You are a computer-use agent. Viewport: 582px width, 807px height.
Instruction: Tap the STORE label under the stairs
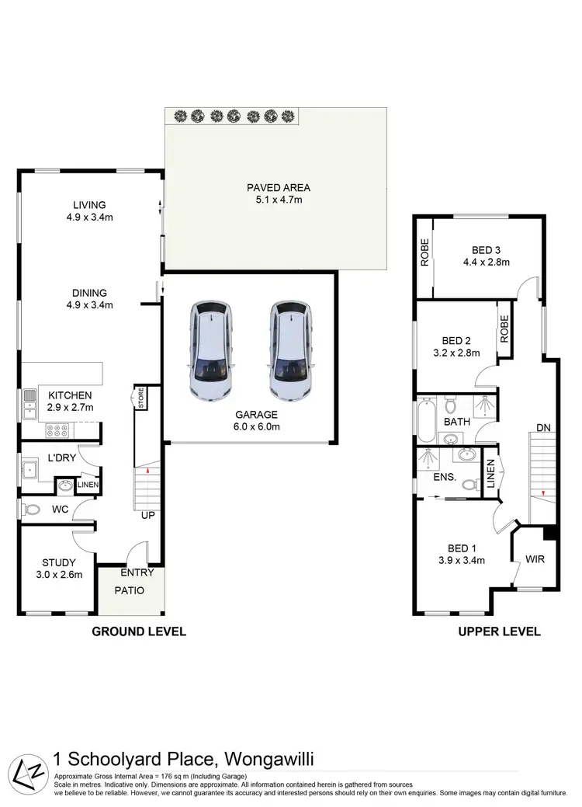[141, 398]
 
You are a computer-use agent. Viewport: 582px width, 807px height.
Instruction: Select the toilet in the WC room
[30, 510]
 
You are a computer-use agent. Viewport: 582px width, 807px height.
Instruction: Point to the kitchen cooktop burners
[59, 427]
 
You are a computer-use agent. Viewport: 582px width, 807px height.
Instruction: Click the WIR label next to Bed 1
[534, 558]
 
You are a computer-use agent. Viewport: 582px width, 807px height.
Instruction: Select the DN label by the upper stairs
[544, 426]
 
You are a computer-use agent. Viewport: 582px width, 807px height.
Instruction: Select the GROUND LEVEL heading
[139, 631]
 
